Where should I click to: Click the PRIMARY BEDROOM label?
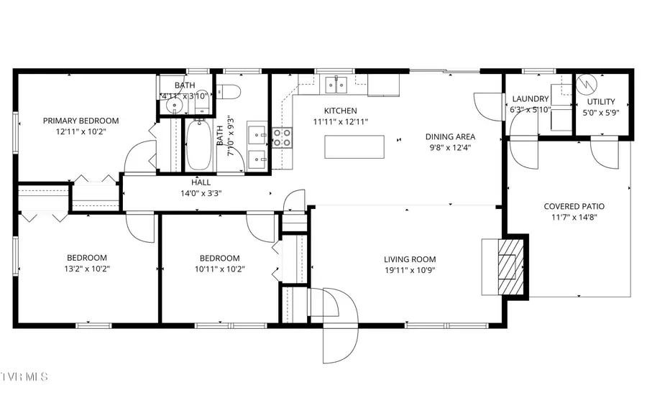coord(81,121)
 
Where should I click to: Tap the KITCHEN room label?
coord(340,111)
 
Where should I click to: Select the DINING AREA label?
coord(450,136)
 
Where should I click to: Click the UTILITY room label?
coord(601,102)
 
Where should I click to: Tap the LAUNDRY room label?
coord(530,99)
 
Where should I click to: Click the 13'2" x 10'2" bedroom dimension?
coord(87,269)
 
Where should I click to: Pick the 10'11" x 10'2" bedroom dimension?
coord(219,269)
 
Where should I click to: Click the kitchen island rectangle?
coord(354,147)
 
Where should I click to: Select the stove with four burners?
coord(281,136)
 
